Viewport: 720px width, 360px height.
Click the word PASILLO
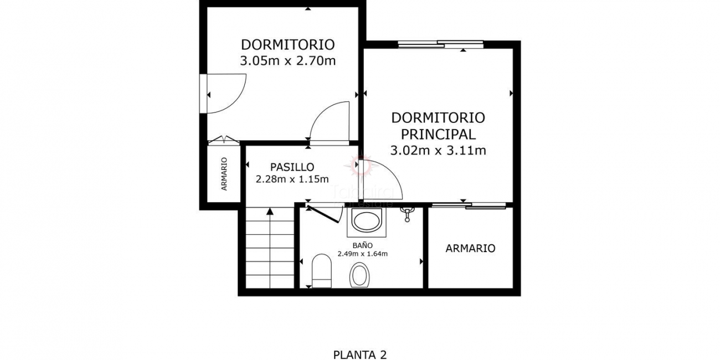292,167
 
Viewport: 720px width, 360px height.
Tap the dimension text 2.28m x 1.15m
292,179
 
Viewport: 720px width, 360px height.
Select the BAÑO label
362,245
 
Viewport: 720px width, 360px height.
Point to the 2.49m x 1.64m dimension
362,254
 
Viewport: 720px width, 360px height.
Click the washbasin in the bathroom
366,223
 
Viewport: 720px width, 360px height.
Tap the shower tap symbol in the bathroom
408,213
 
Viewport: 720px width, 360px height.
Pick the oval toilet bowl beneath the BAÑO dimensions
359,275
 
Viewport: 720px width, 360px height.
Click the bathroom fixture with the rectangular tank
321,271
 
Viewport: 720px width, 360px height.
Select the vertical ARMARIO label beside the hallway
224,174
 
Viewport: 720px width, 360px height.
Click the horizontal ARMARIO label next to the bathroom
470,248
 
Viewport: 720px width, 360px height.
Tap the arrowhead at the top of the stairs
270,210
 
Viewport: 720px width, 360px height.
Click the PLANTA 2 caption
359,354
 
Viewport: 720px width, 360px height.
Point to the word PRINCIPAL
438,134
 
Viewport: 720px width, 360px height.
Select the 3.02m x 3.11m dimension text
438,150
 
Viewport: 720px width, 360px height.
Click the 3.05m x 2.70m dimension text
287,61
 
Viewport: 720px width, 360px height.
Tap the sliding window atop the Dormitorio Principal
440,44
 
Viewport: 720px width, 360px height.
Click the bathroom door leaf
323,213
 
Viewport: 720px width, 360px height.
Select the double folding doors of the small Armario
223,140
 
